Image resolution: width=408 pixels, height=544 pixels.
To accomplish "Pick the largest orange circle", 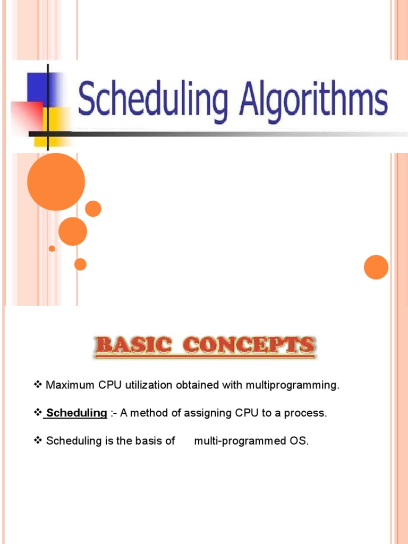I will [56, 182].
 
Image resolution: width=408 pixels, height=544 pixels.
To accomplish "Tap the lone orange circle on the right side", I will [376, 267].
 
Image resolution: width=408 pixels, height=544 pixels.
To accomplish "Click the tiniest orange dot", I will [52, 248].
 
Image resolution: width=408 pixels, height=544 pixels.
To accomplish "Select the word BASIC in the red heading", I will [133, 346].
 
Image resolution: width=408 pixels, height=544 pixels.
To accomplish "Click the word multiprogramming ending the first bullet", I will [292, 385].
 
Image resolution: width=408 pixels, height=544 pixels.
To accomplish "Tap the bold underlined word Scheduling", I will [77, 413].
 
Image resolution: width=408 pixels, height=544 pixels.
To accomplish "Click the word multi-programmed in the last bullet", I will [240, 441].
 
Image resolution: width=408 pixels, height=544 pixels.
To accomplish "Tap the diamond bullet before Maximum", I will [38, 385].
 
